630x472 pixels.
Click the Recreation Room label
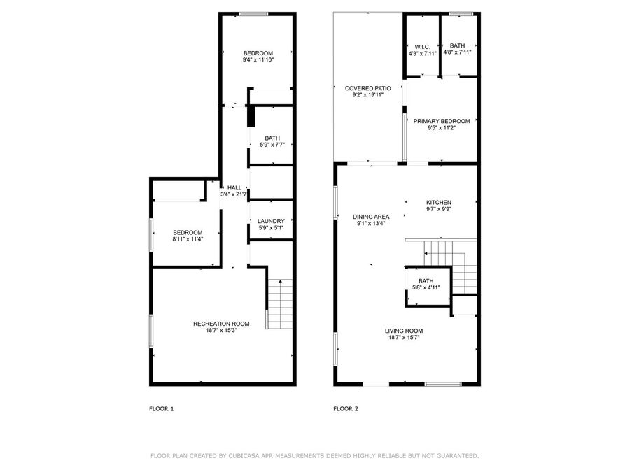pyautogui.click(x=221, y=324)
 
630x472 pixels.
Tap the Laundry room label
pyautogui.click(x=271, y=221)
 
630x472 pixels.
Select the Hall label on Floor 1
pyautogui.click(x=234, y=188)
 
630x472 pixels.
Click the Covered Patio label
pyautogui.click(x=368, y=88)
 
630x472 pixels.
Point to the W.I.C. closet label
pyautogui.click(x=422, y=47)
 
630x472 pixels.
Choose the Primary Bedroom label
pyautogui.click(x=442, y=121)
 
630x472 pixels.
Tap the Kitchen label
pyautogui.click(x=439, y=203)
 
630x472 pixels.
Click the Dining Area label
pyautogui.click(x=371, y=217)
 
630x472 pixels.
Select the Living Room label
pyautogui.click(x=404, y=331)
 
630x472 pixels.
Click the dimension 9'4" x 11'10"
pyautogui.click(x=258, y=60)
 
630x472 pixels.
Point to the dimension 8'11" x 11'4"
pyautogui.click(x=188, y=239)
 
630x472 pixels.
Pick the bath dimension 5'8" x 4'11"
pyautogui.click(x=426, y=288)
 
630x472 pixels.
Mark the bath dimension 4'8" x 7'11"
pyautogui.click(x=457, y=52)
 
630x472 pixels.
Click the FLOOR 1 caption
pyautogui.click(x=162, y=409)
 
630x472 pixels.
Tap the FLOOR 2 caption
pyautogui.click(x=346, y=409)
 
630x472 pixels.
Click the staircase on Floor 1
pyautogui.click(x=280, y=304)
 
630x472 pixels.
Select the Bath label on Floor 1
pyautogui.click(x=272, y=138)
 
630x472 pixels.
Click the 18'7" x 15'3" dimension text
pyautogui.click(x=222, y=331)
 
